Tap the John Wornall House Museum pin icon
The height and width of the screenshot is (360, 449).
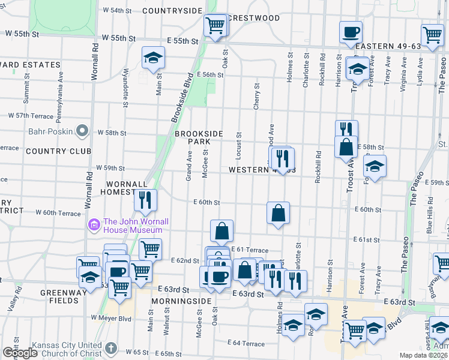pyautogui.click(x=94, y=226)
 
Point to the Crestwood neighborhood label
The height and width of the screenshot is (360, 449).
pyautogui.click(x=256, y=18)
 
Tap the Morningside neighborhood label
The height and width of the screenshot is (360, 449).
pyautogui.click(x=181, y=301)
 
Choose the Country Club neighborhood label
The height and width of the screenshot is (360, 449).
pyautogui.click(x=58, y=151)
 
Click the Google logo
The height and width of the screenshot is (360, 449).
pyautogui.click(x=20, y=353)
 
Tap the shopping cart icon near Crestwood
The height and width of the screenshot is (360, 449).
pyautogui.click(x=215, y=25)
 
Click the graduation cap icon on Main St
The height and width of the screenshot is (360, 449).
pyautogui.click(x=153, y=58)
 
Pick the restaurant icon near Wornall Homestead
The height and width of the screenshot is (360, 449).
pyautogui.click(x=145, y=200)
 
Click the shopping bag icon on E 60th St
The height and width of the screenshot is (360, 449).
pyautogui.click(x=279, y=212)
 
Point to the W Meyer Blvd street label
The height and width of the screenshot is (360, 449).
pyautogui.click(x=111, y=318)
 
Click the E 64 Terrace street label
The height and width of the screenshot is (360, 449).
pyautogui.click(x=246, y=344)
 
